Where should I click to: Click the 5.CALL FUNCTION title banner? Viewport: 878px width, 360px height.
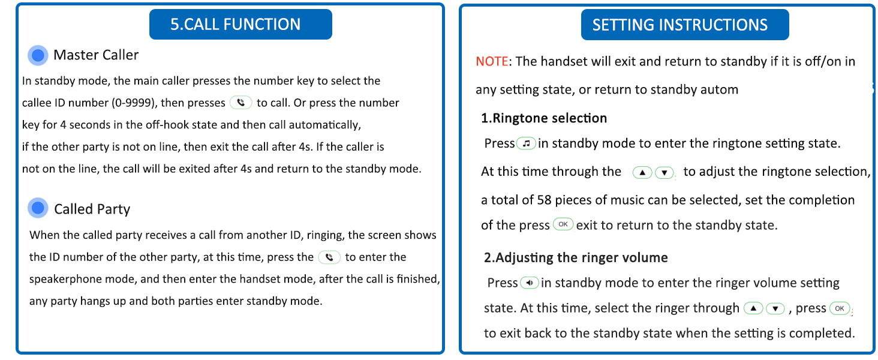pos(240,24)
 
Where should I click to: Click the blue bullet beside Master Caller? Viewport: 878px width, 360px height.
pos(38,55)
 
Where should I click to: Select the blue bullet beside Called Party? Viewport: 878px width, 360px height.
pos(38,209)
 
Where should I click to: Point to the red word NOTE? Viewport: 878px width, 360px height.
pos(492,62)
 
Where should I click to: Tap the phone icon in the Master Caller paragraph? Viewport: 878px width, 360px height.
pos(241,103)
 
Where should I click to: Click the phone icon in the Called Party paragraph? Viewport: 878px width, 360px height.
pos(329,257)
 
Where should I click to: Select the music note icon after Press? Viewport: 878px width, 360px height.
pos(527,143)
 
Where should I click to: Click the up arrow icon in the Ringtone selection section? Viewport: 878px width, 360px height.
pos(642,173)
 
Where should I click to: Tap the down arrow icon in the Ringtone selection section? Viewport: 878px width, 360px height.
pos(664,173)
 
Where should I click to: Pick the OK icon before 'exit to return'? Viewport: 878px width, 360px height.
pos(563,224)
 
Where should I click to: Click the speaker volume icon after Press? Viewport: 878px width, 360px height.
pos(530,283)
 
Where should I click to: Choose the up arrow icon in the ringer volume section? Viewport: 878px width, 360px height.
pos(753,308)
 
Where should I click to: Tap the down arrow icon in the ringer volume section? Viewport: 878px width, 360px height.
pos(775,308)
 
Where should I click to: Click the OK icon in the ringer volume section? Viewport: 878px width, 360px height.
pos(840,308)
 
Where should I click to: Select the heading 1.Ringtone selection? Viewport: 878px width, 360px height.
pos(544,118)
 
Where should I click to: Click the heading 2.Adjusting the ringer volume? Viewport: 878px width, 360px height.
pos(576,257)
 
